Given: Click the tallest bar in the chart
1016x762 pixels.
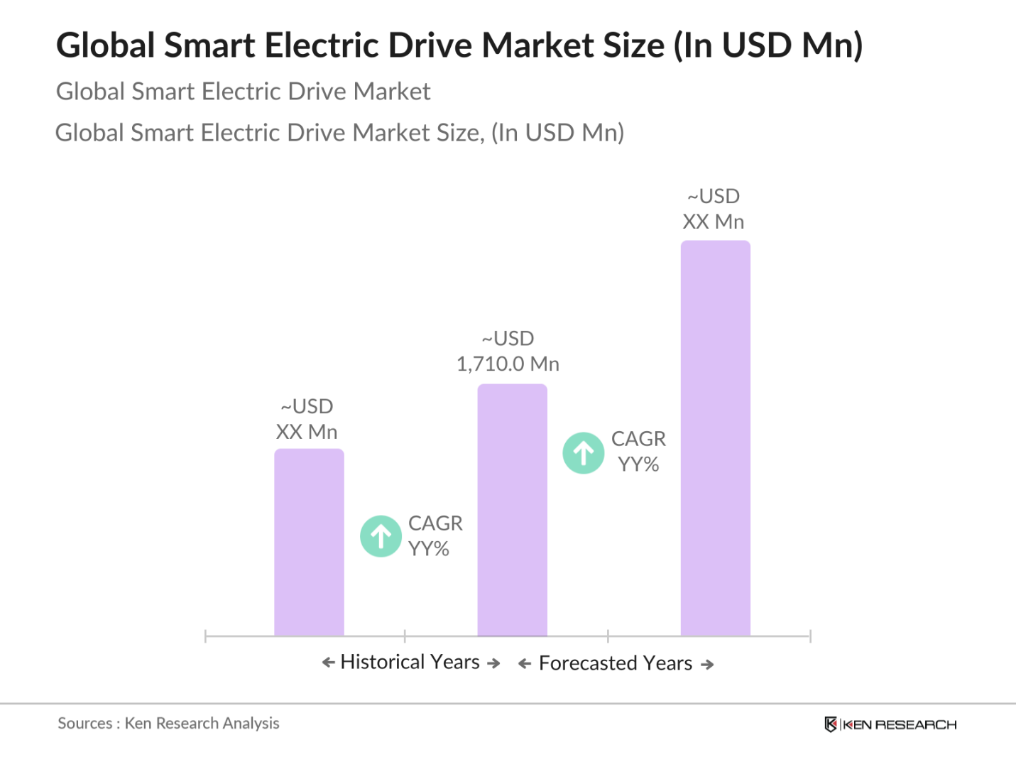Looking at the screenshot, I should (x=715, y=437).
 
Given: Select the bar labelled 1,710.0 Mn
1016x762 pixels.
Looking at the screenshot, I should (x=512, y=509).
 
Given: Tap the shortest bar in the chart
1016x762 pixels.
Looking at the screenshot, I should (x=309, y=542).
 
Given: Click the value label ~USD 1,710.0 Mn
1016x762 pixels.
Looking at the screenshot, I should (x=508, y=352).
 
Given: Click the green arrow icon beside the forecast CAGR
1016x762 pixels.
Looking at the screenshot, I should (x=584, y=453).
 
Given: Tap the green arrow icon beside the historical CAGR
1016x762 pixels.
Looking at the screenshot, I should (x=381, y=536).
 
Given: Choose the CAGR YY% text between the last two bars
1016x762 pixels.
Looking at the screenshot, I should (x=638, y=452).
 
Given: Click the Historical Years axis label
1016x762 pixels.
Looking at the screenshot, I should (x=410, y=662).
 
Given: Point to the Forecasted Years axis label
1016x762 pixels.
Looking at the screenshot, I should (x=616, y=663).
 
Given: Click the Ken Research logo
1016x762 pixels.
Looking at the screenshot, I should (x=890, y=724).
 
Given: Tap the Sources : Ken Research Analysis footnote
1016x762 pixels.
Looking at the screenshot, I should (x=168, y=724).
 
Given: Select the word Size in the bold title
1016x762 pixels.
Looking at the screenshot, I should (x=633, y=45).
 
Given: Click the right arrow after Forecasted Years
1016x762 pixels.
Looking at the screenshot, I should (x=707, y=665).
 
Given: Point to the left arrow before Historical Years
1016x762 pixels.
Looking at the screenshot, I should (x=328, y=663).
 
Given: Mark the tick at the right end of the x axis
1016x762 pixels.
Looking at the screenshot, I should (x=810, y=636).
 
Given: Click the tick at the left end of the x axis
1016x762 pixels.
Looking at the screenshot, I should (x=205, y=636).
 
